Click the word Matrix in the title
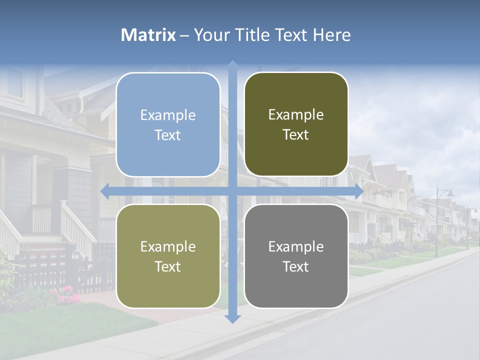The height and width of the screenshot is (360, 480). click(148, 35)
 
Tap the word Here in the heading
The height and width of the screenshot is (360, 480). click(331, 35)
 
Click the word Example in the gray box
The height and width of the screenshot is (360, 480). click(296, 246)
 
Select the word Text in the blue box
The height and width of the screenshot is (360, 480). click(168, 135)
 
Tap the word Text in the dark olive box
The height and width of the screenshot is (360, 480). click(296, 135)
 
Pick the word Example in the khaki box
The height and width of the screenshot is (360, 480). click(168, 246)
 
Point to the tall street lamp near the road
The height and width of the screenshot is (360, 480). click(438, 220)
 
